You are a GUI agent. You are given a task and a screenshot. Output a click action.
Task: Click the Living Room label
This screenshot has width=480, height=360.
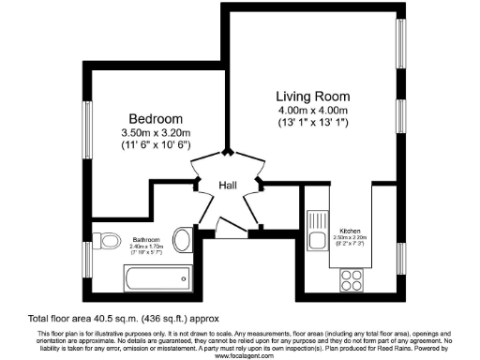point(312,96)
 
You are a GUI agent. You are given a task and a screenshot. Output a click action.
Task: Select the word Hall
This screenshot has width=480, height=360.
point(228,186)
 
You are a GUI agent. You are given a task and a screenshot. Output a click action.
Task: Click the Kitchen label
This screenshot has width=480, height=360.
point(350,230)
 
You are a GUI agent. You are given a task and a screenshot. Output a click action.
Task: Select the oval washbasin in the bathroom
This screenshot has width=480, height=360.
point(184,243)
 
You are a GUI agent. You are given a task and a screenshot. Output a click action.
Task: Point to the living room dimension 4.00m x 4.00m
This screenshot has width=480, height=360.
point(312,110)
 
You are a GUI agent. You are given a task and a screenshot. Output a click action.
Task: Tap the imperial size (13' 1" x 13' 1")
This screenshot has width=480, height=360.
point(312,123)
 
